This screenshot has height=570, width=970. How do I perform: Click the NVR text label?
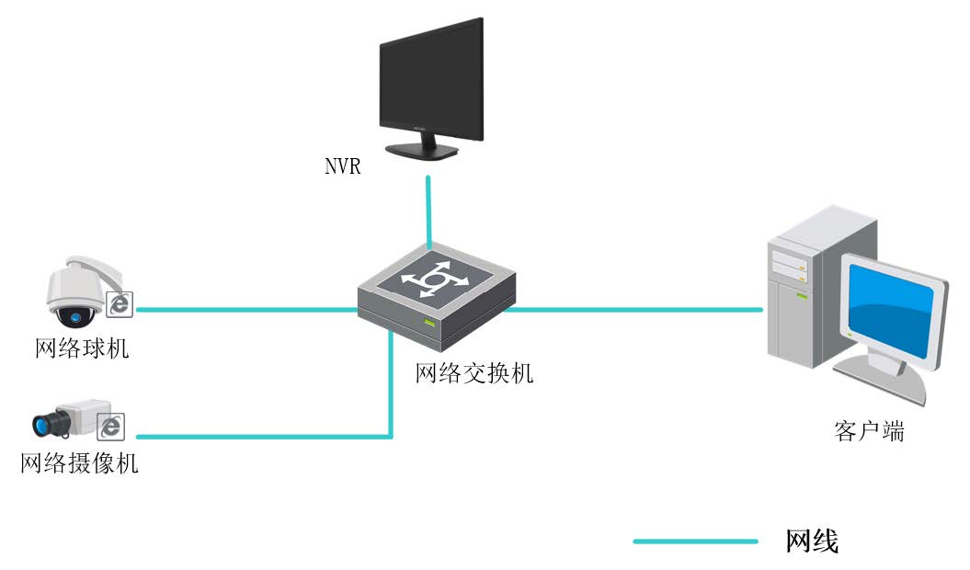pos(342,167)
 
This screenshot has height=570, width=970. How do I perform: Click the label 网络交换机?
pos(474,373)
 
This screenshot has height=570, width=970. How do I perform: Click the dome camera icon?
pos(78,292)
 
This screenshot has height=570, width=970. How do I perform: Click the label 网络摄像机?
pos(80,463)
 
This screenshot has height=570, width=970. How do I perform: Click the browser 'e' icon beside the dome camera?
pos(120,304)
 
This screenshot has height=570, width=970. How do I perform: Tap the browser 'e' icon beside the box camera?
pos(111,427)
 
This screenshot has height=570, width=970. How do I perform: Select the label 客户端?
pos(869,431)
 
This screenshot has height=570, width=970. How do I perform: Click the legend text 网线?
pos(812,541)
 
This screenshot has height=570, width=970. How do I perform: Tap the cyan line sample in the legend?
pos(695,541)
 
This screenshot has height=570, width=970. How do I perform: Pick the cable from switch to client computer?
pos(634,310)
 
